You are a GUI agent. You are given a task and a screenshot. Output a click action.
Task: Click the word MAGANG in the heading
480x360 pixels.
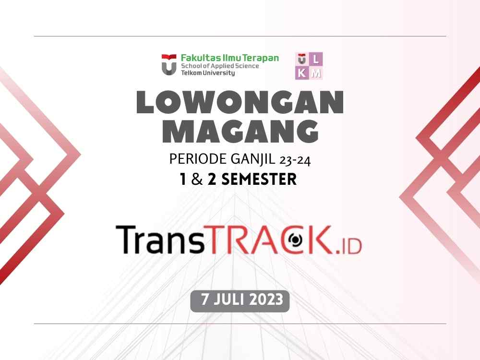[x=240, y=131]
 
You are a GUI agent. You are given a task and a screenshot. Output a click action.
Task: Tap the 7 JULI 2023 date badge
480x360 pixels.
[x=240, y=300]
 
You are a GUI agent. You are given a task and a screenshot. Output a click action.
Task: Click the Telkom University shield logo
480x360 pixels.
[x=169, y=64]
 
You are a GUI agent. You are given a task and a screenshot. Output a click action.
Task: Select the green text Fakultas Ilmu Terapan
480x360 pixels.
[x=229, y=58]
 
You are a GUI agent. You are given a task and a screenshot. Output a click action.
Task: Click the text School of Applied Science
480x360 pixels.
[x=220, y=66]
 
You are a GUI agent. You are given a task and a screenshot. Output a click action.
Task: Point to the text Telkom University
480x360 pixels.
[x=208, y=73]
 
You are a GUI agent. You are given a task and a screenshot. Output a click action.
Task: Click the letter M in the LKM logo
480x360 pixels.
[x=317, y=73]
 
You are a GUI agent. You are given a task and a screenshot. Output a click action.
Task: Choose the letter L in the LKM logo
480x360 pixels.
[x=317, y=59]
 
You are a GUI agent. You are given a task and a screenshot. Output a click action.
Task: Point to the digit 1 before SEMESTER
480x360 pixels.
[x=183, y=180]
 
